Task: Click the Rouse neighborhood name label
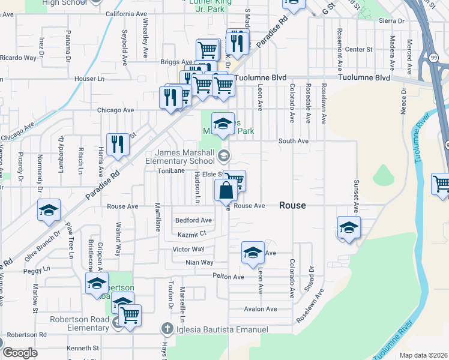click(293, 205)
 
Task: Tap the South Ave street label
click(294, 141)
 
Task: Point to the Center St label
click(359, 49)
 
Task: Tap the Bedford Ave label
click(193, 220)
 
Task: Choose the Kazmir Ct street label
click(191, 234)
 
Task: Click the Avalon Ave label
click(261, 309)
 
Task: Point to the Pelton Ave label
click(228, 277)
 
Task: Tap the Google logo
click(20, 353)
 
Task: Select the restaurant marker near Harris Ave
click(118, 145)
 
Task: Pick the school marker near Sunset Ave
click(349, 227)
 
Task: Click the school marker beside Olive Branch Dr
click(49, 210)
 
